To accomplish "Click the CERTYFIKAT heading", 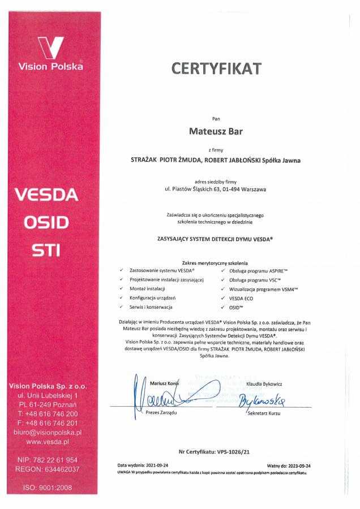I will click(x=216, y=69).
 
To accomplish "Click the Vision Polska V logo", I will click(x=50, y=48).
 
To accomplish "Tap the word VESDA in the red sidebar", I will click(x=46, y=195).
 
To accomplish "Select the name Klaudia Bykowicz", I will click(x=264, y=384).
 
